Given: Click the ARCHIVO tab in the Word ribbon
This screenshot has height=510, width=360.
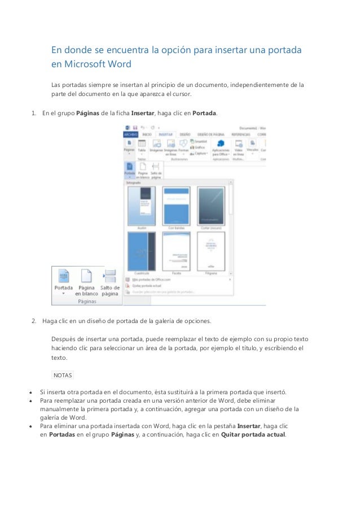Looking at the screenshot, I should click(x=131, y=134).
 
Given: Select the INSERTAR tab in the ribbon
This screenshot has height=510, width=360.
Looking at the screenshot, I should click(x=166, y=134).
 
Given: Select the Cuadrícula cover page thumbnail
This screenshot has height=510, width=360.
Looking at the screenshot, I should click(x=142, y=251).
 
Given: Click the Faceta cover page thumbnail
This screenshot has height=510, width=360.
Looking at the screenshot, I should click(x=176, y=251).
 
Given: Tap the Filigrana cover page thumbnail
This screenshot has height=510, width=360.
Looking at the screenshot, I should click(x=211, y=251).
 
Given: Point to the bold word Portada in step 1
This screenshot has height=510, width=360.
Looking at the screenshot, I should click(x=204, y=113).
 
